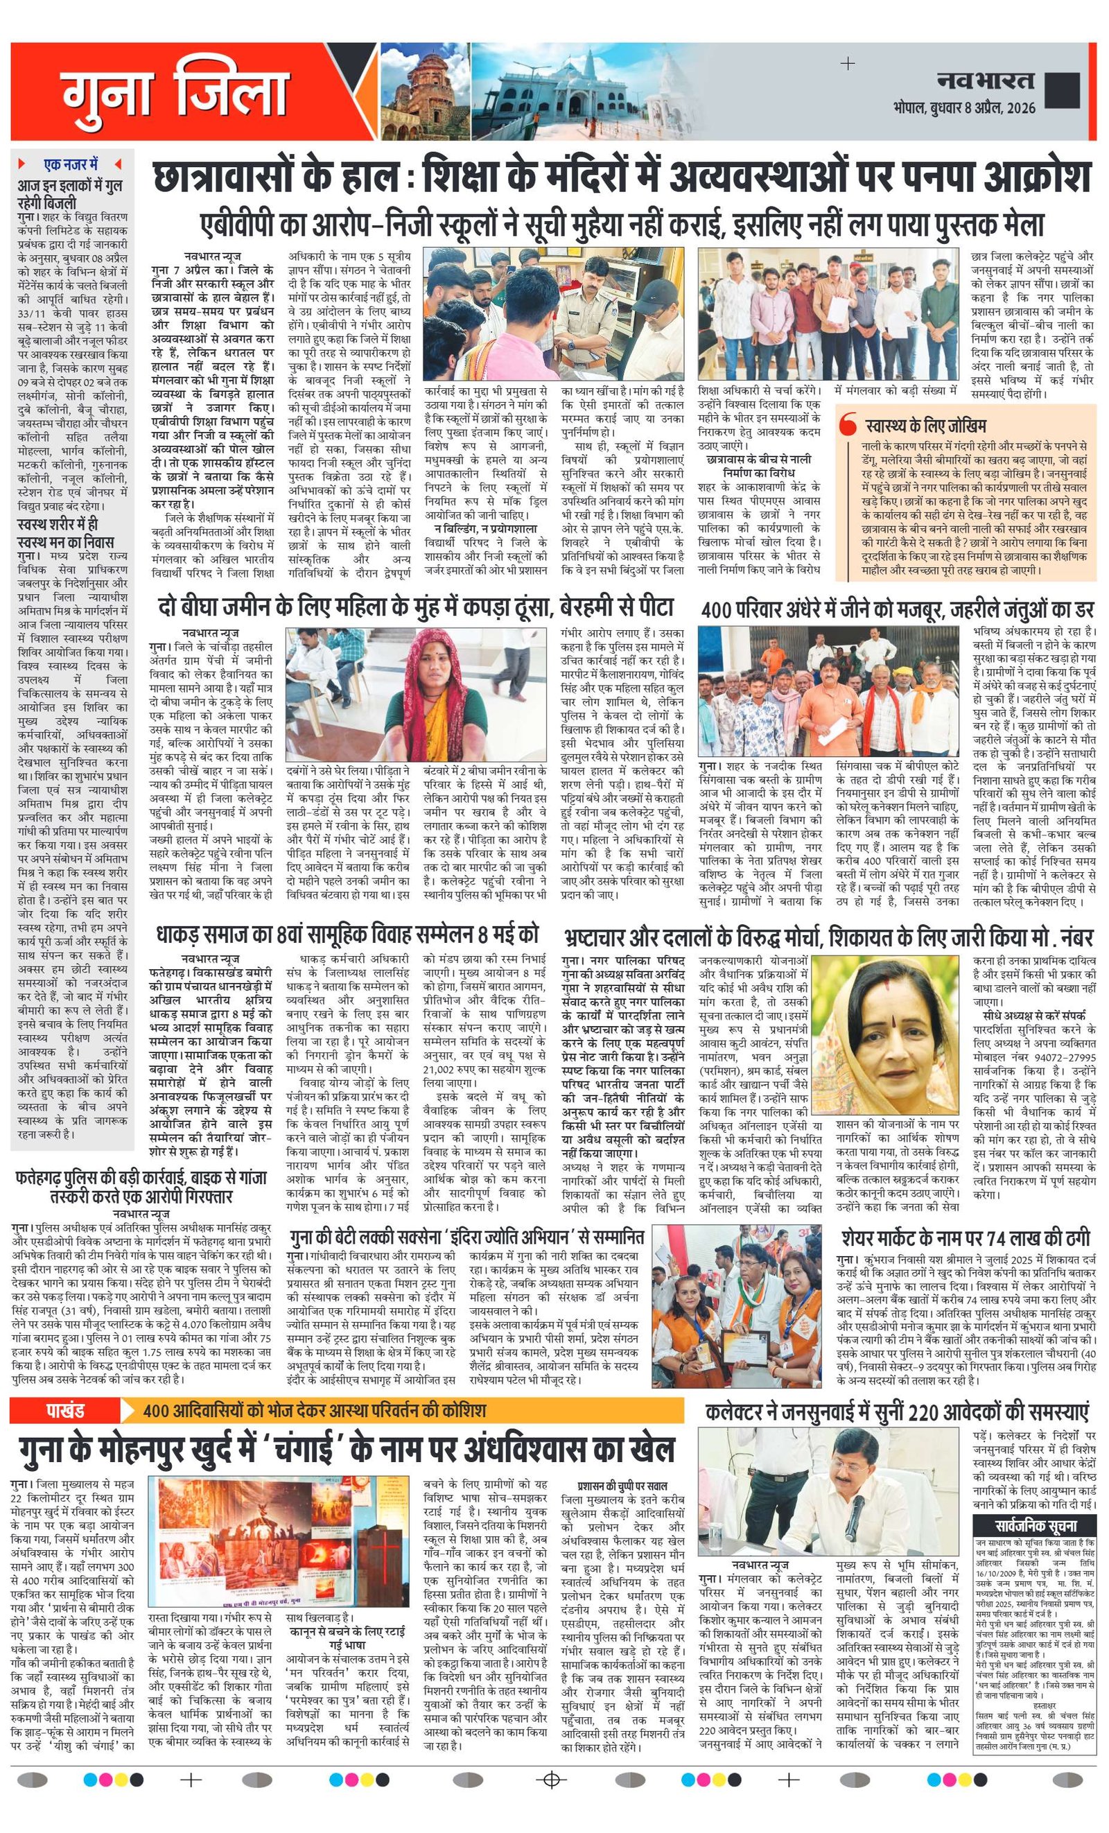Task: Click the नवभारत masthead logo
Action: click(985, 80)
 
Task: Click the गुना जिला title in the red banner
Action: click(175, 93)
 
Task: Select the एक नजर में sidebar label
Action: click(71, 164)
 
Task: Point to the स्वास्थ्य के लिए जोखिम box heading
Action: click(925, 426)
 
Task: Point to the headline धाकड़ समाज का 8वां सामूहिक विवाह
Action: click(347, 935)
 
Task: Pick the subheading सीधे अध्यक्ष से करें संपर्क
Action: click(1034, 1015)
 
